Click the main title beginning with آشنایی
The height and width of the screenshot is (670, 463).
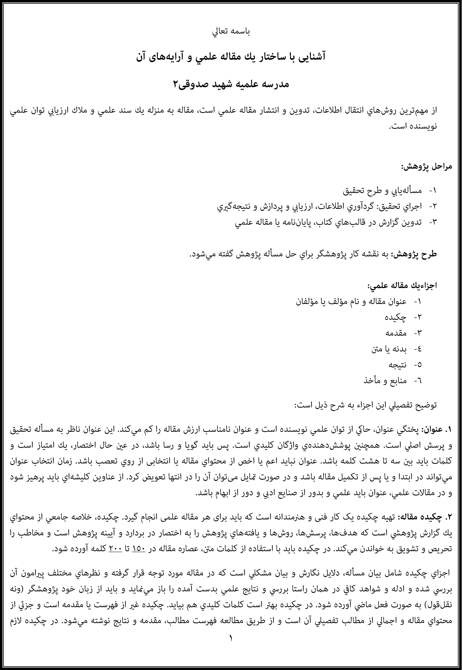[x=231, y=57]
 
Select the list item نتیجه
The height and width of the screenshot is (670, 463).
[x=397, y=365]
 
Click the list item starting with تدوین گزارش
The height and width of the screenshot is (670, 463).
[x=328, y=223]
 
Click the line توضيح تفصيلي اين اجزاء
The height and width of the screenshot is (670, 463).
[x=366, y=405]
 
